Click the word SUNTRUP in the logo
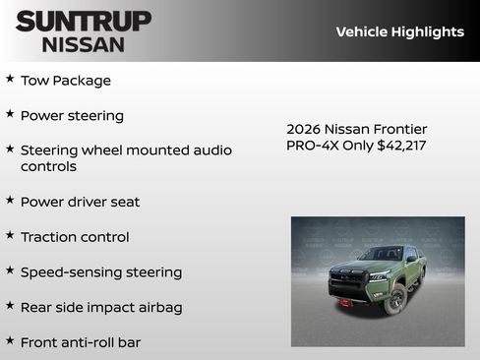coord(84,21)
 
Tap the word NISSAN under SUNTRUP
coord(84,43)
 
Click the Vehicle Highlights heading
coord(399,31)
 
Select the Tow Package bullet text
coord(65,81)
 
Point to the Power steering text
coord(72,115)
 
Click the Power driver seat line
coord(80,202)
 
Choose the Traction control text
coord(75,237)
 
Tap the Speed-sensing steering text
coord(100,272)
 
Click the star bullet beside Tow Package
coord(10,79)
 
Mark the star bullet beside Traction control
coord(10,235)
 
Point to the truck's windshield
coord(381,254)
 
